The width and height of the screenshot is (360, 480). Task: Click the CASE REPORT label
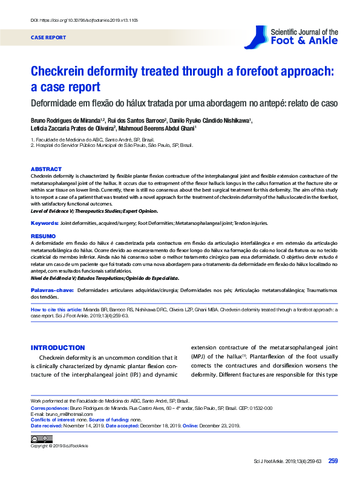pyautogui.click(x=48, y=37)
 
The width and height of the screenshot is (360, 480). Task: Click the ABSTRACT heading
pyautogui.click(x=46, y=169)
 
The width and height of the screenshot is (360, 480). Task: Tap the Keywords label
pyautogui.click(x=44, y=224)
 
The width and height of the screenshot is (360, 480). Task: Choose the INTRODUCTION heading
pyautogui.click(x=57, y=348)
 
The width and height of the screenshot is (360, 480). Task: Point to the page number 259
pyautogui.click(x=333, y=461)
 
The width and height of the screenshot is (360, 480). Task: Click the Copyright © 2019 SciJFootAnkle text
pyautogui.click(x=59, y=446)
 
